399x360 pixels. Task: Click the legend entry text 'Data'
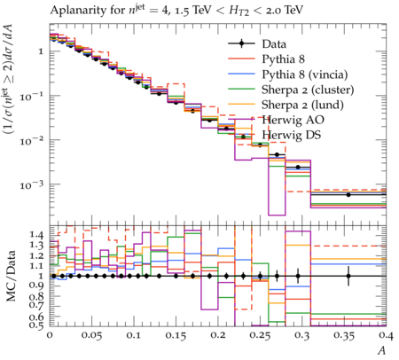pos(274,44)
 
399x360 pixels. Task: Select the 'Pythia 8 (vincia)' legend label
pos(305,74)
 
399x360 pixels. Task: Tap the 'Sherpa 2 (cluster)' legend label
pos(308,90)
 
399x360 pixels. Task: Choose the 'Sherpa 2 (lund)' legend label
pos(302,105)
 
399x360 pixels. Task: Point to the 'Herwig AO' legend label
pos(293,120)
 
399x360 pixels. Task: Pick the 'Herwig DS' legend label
pos(292,135)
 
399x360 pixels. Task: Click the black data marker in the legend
pos(241,43)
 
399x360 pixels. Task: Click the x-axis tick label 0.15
pos(176,336)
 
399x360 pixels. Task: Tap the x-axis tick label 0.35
pos(344,336)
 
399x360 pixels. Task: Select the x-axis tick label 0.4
pos(387,336)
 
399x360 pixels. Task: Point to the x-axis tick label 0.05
pos(92,336)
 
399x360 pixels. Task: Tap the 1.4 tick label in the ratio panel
pos(36,235)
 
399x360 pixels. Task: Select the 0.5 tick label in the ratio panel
pos(36,325)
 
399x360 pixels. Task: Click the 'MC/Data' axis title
pos(11,276)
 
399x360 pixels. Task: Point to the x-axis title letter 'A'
pos(382,350)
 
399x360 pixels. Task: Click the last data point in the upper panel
pos(348,194)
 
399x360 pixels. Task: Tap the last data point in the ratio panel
pos(348,276)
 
